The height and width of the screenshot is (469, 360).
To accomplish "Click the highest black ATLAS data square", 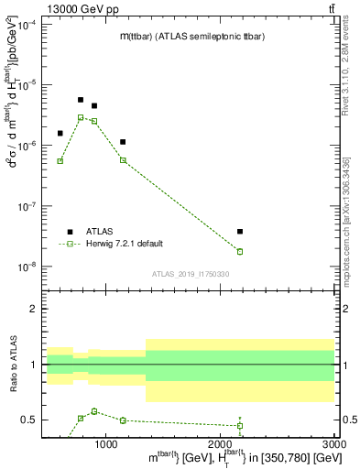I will point(81,100).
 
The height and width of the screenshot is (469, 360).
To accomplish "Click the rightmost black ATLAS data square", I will point(240,232).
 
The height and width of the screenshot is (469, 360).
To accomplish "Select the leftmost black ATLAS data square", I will point(60,133).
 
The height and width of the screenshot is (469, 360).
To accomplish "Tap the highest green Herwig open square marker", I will point(81,117).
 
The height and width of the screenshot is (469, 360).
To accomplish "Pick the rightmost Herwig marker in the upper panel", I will point(240,251).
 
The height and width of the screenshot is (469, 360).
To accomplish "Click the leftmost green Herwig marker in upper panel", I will point(60,161).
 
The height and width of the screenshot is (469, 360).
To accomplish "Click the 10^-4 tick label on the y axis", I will point(27,24).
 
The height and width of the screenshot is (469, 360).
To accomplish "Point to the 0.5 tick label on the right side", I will point(349,420).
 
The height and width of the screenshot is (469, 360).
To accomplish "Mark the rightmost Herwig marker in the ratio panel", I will point(240,425).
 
